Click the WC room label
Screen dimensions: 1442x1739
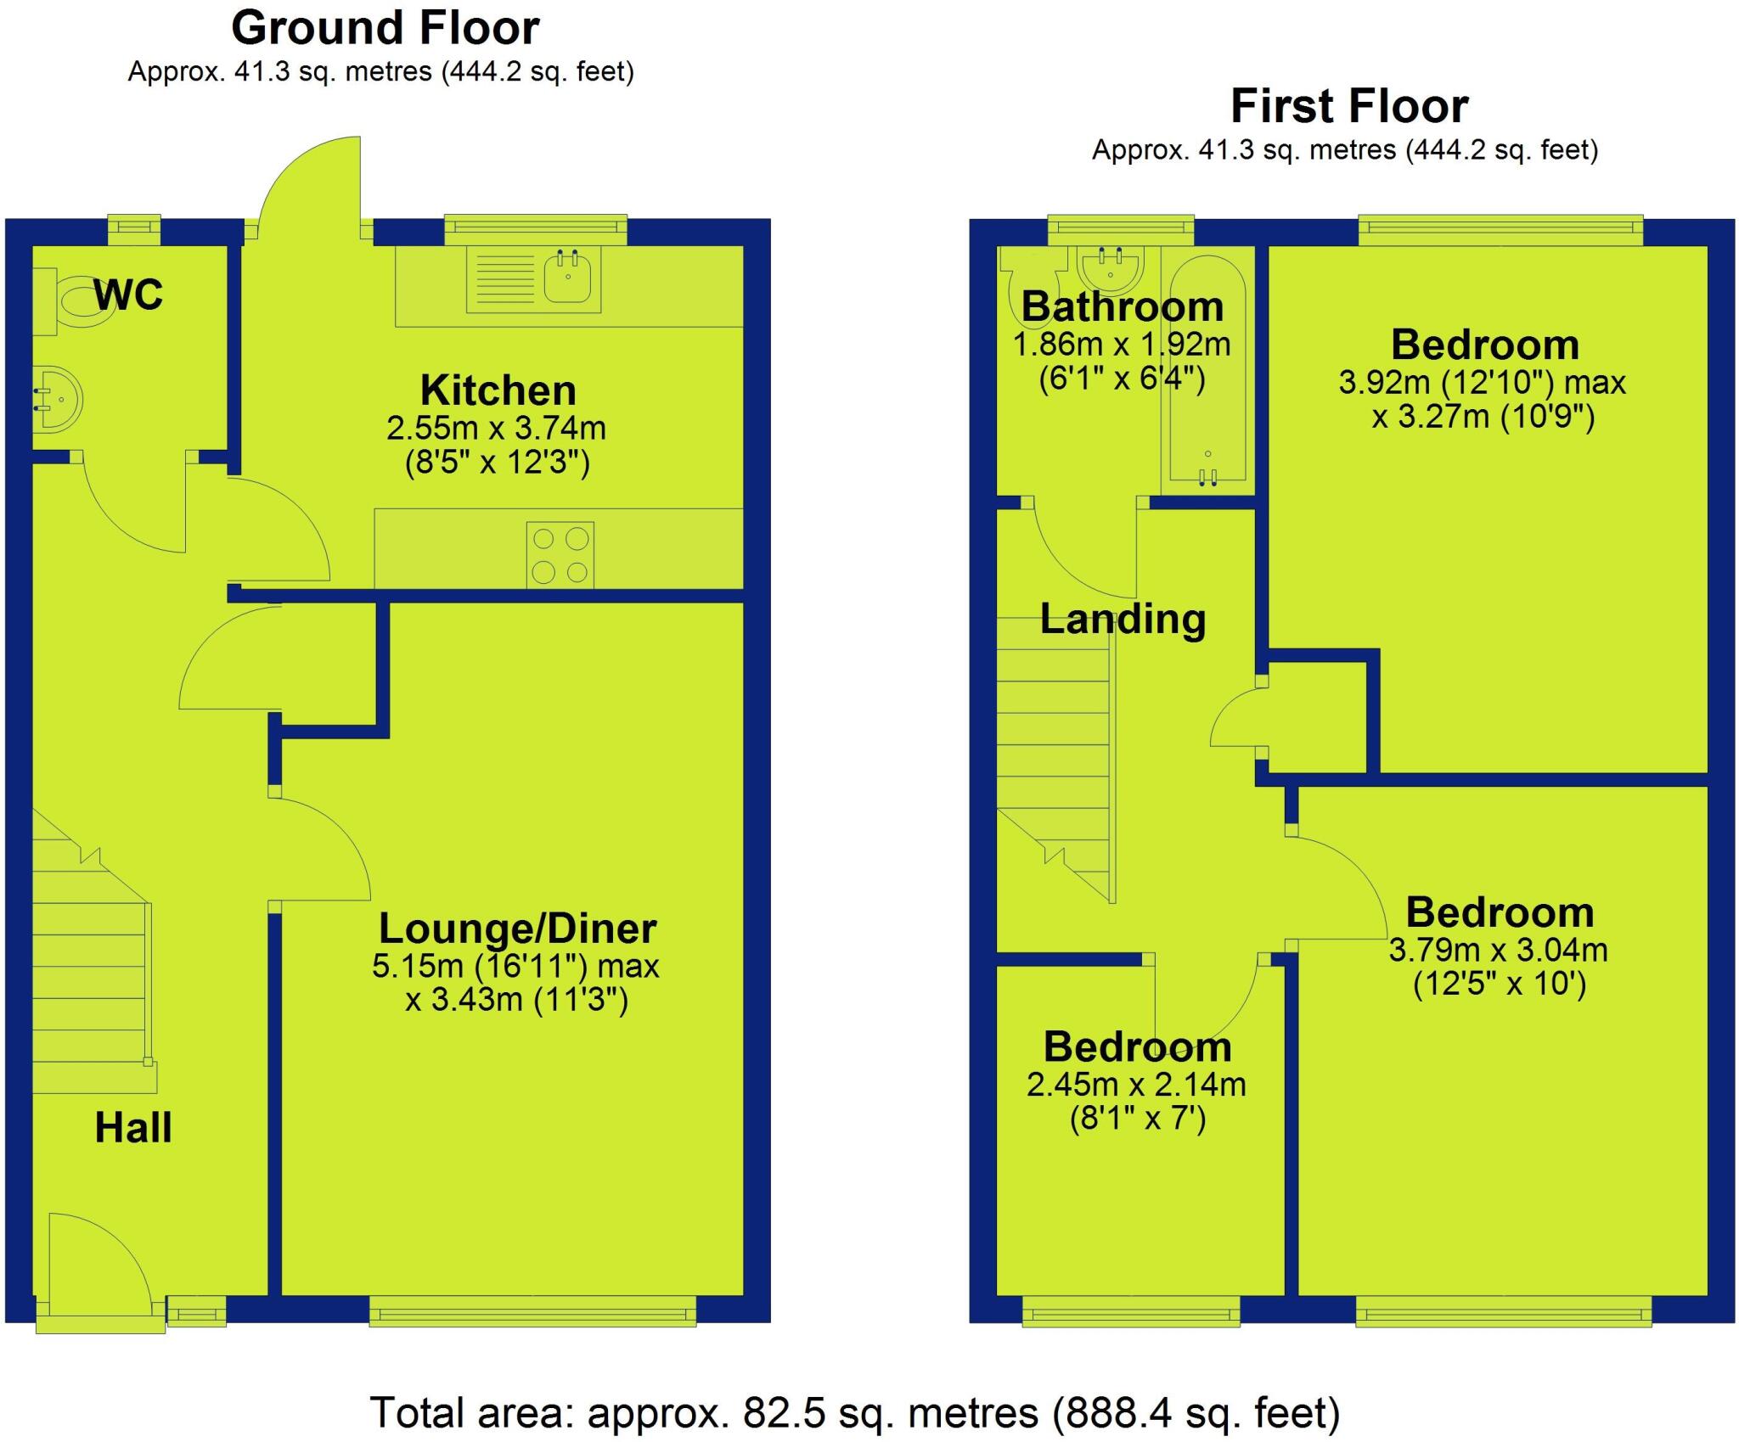(128, 295)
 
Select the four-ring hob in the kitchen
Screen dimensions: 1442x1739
(560, 554)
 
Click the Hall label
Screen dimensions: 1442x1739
(133, 1128)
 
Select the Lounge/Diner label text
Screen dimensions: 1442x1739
(517, 928)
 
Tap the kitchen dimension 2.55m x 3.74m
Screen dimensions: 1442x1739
(497, 428)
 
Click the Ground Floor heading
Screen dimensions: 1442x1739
(385, 28)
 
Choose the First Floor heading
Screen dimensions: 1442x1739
(1349, 107)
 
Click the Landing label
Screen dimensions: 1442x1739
(1123, 619)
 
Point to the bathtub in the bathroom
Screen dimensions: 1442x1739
(1207, 373)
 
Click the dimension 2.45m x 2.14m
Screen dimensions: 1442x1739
(1136, 1085)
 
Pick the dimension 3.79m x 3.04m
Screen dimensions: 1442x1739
(1498, 949)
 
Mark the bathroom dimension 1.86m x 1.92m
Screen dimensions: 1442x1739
(1121, 344)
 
